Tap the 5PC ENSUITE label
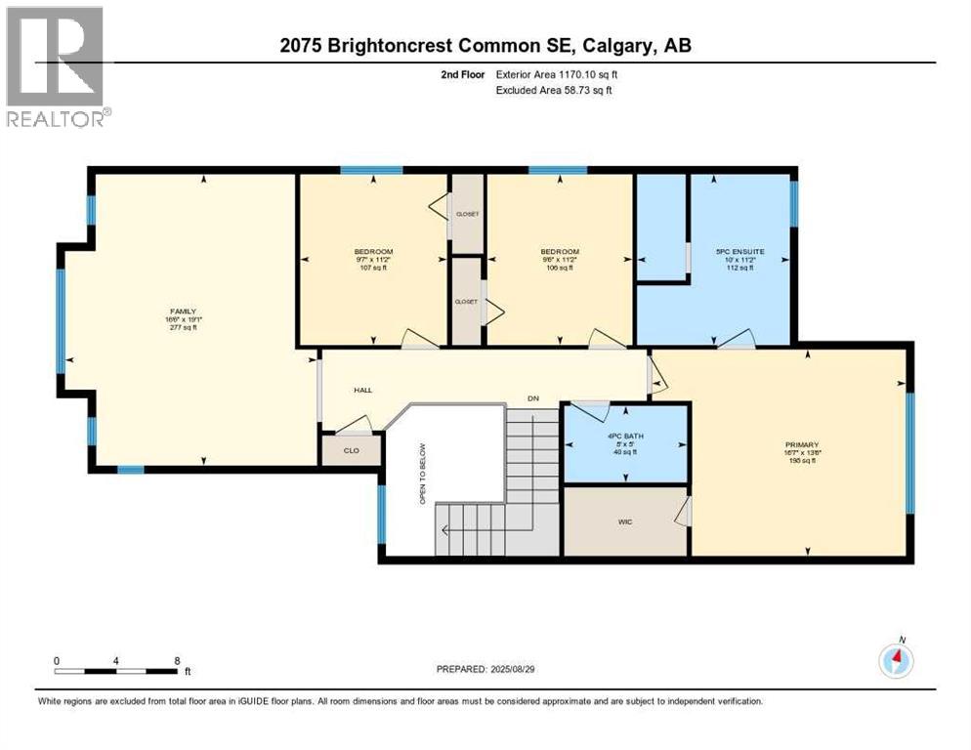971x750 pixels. (x=739, y=251)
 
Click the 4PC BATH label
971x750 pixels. (x=626, y=436)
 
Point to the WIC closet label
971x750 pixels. (x=625, y=521)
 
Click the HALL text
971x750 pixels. (x=363, y=390)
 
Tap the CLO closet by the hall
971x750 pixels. (x=348, y=450)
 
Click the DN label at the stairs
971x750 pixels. (x=533, y=398)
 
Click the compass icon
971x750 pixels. (x=895, y=660)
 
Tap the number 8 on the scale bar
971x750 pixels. (x=177, y=661)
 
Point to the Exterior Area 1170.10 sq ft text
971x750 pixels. (x=558, y=73)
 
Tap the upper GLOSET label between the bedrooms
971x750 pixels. (x=466, y=214)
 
